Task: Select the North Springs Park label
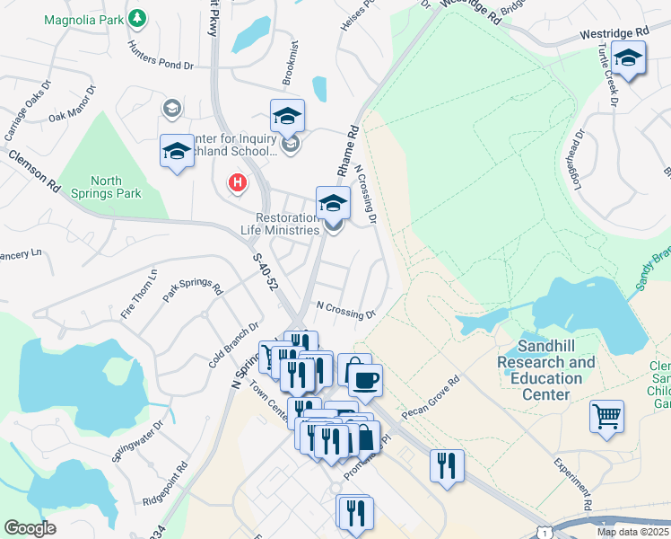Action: (x=106, y=188)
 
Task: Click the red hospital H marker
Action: (x=237, y=183)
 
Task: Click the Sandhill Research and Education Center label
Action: (x=545, y=370)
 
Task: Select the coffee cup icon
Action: (x=365, y=379)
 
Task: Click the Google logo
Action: (x=30, y=528)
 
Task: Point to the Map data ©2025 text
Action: (x=632, y=532)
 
